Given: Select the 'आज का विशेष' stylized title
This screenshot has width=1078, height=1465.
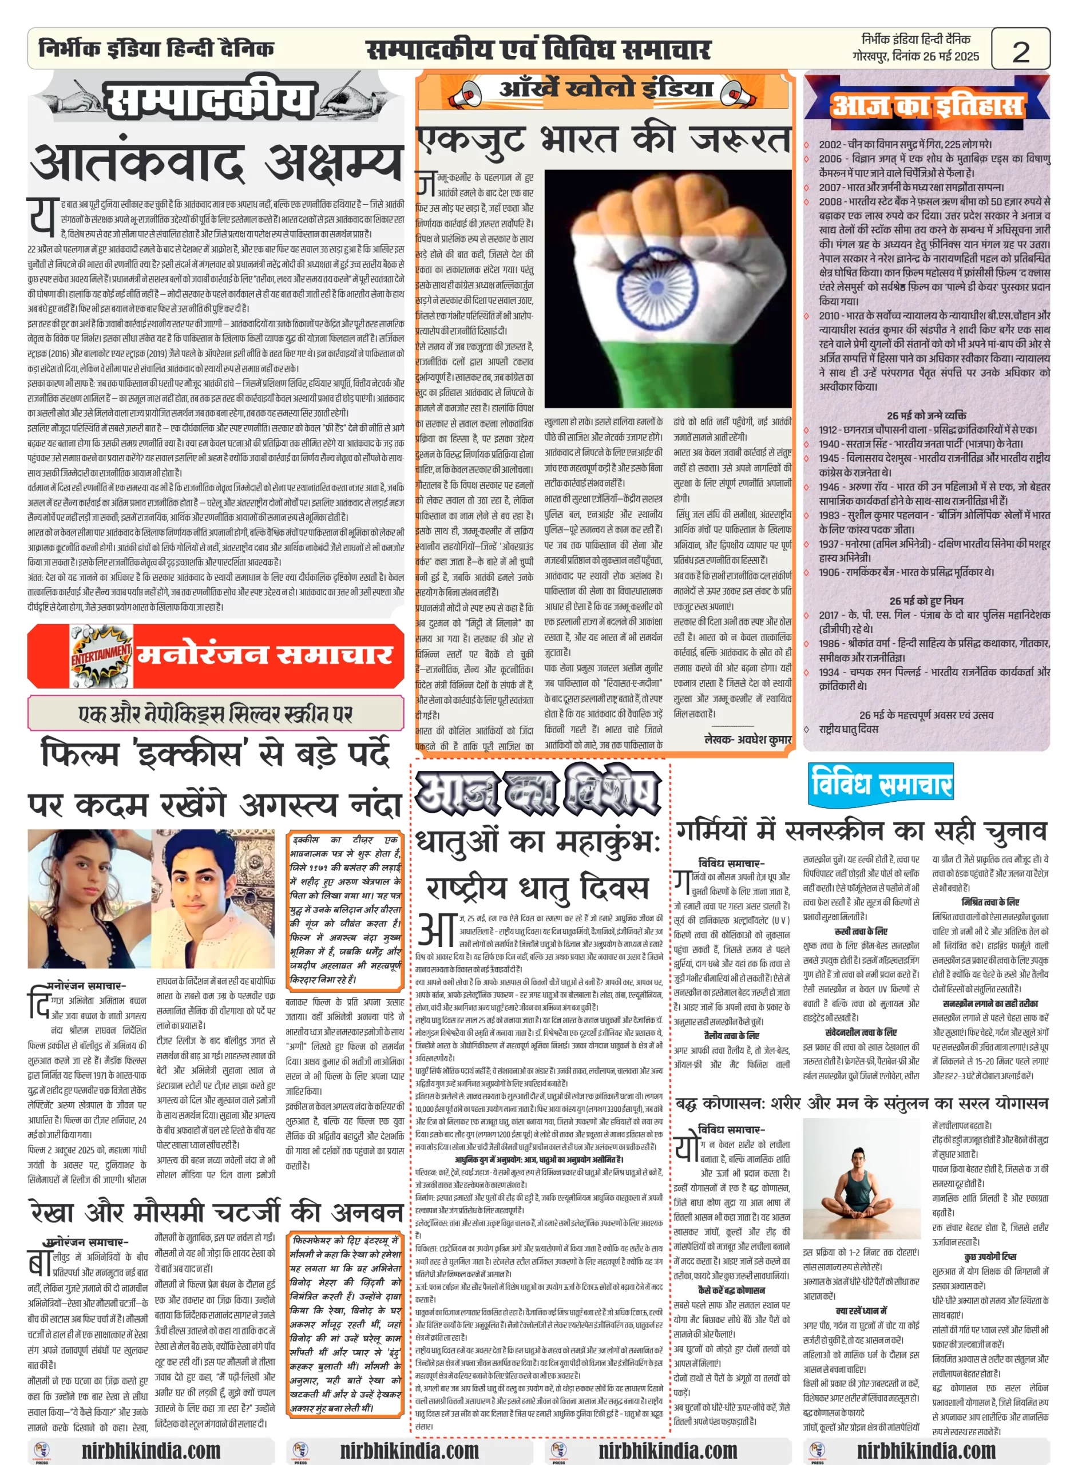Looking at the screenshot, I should coord(539,791).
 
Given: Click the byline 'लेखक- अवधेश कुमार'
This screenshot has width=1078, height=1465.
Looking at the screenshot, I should coord(748,739).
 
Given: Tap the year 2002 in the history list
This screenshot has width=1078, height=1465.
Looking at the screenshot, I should coord(830,144).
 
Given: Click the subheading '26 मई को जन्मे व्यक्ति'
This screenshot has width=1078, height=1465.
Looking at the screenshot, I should coord(926,415).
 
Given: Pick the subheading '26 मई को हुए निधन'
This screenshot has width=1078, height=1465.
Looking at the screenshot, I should coord(926,600).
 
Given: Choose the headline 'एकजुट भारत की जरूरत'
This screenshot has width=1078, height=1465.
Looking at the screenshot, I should coord(604,140).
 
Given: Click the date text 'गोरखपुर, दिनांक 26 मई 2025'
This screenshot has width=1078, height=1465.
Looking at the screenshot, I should coord(915,57).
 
